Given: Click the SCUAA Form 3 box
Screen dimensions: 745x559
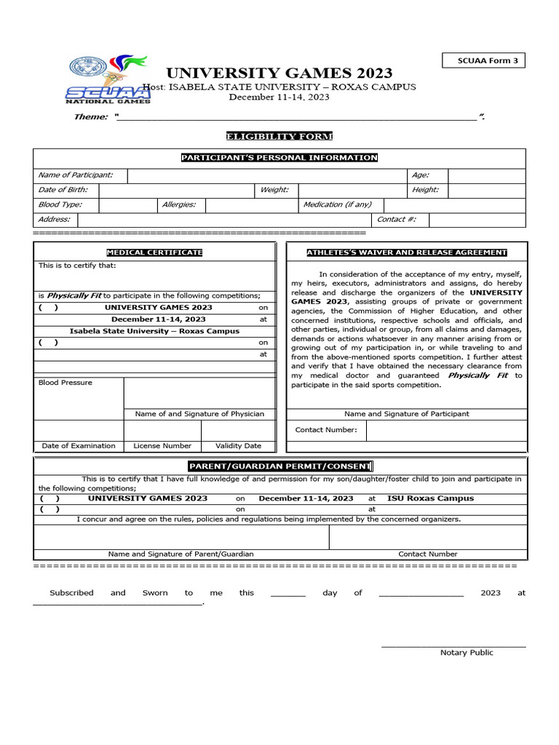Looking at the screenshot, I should (x=483, y=61).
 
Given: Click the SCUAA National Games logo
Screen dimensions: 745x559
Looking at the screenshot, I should (x=108, y=79).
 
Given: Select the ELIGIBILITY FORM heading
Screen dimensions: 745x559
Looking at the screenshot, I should (x=279, y=137).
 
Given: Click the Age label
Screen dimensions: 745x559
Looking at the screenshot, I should (x=420, y=175).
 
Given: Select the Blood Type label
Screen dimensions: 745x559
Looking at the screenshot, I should (x=60, y=205).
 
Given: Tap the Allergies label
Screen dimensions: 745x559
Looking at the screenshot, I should (x=179, y=205).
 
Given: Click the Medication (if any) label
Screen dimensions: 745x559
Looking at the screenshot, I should (x=337, y=205).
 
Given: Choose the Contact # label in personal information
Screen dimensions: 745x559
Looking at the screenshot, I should (x=396, y=220).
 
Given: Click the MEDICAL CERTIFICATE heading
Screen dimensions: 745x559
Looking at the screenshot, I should (x=154, y=252).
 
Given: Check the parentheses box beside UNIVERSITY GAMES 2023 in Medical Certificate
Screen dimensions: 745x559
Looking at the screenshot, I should (x=49, y=308).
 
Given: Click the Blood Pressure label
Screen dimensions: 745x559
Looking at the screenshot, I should (x=66, y=383).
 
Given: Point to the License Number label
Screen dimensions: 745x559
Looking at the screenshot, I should (x=162, y=446).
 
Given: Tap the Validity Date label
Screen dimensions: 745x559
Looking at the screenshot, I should (x=238, y=446).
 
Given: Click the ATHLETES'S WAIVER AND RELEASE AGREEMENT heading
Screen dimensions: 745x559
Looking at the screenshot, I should (x=406, y=252).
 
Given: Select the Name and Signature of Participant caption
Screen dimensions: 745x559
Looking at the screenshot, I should (x=406, y=414).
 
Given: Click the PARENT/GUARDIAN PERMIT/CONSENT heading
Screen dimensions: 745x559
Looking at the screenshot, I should (x=279, y=466).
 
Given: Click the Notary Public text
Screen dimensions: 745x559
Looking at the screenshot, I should (x=467, y=653).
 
